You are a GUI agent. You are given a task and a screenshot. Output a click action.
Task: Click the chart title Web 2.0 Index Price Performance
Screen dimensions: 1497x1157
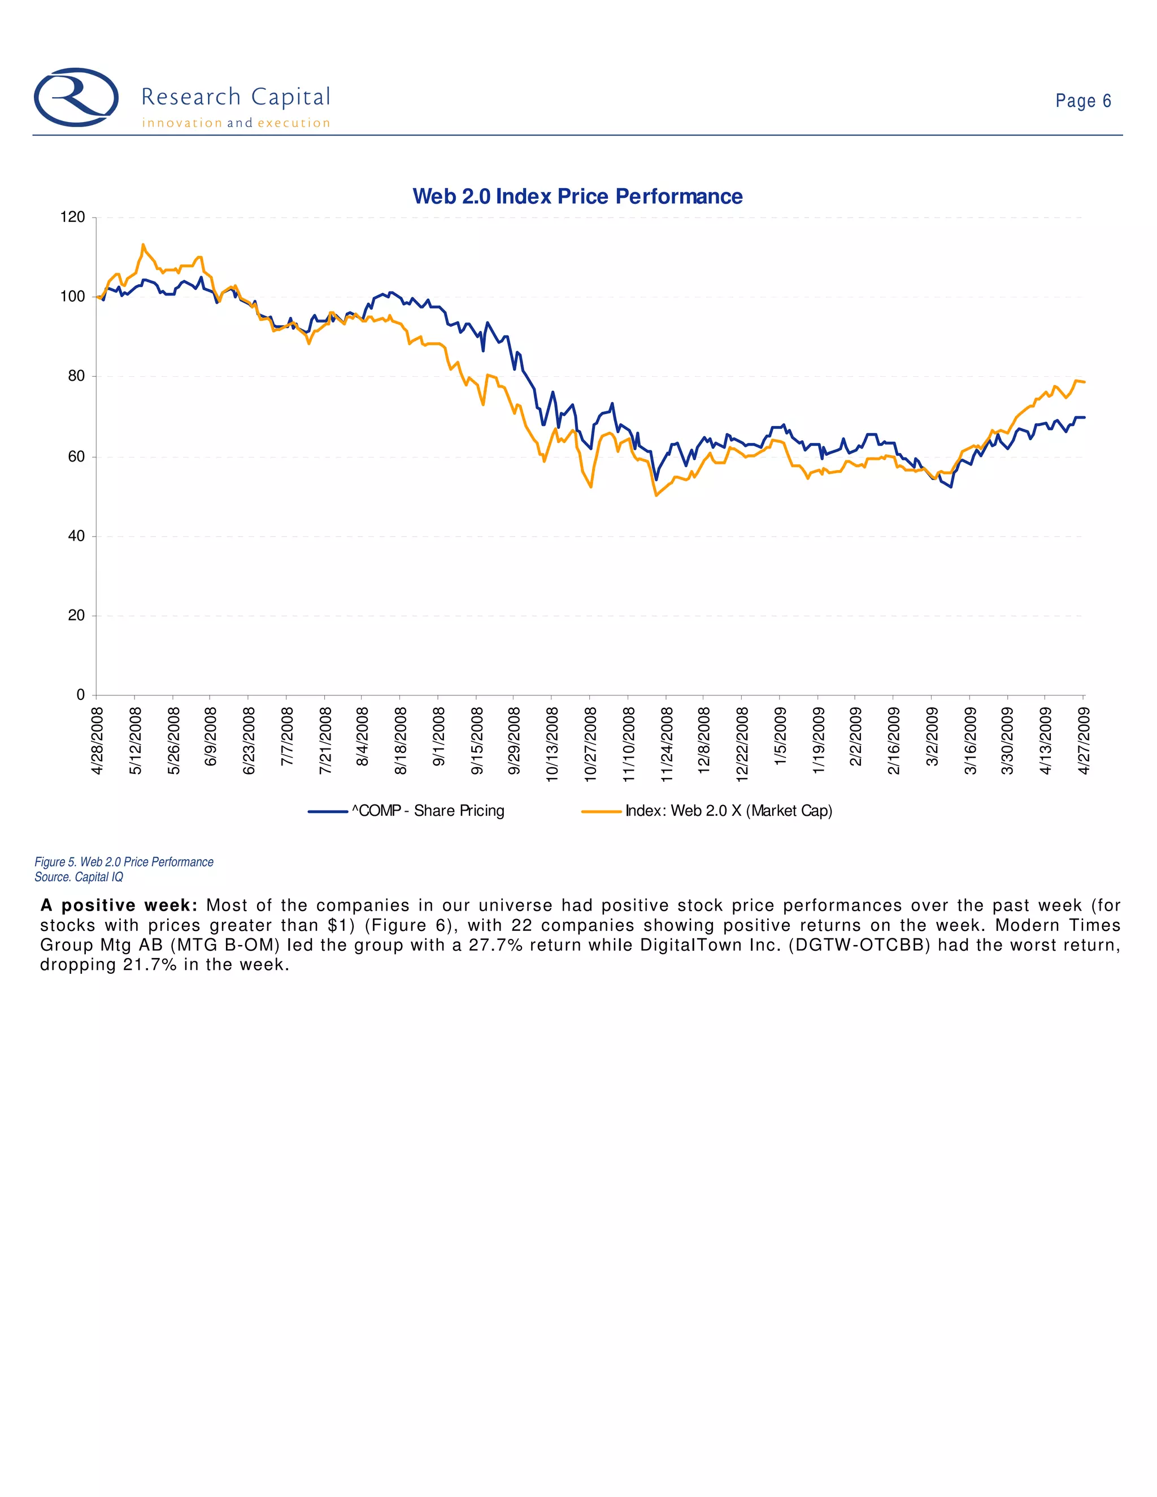click(577, 197)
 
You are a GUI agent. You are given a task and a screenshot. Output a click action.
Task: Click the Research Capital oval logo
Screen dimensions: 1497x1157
click(76, 97)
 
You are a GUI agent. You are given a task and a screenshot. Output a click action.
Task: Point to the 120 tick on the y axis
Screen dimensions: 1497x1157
click(73, 217)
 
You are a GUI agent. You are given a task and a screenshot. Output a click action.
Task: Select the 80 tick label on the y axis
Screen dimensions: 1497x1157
click(76, 376)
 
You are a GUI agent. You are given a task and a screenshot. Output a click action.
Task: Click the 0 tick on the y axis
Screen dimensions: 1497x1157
click(80, 695)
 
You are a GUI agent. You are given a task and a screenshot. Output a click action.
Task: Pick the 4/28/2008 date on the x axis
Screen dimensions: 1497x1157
click(97, 741)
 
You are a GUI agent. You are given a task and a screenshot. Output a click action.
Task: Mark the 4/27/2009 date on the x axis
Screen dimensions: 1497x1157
click(1084, 741)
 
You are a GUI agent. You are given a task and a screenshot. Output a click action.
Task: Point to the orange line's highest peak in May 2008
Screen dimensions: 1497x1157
click(142, 245)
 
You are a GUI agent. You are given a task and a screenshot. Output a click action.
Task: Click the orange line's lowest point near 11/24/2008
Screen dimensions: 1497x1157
click(656, 495)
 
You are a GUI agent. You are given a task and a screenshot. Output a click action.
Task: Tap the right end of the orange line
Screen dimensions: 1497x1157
click(1084, 382)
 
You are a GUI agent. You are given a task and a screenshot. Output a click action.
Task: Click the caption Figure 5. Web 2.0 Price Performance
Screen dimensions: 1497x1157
click(124, 861)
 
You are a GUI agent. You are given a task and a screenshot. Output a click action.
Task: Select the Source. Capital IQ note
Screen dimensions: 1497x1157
click(79, 877)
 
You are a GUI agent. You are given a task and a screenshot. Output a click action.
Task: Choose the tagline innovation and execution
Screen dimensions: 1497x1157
click(236, 123)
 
